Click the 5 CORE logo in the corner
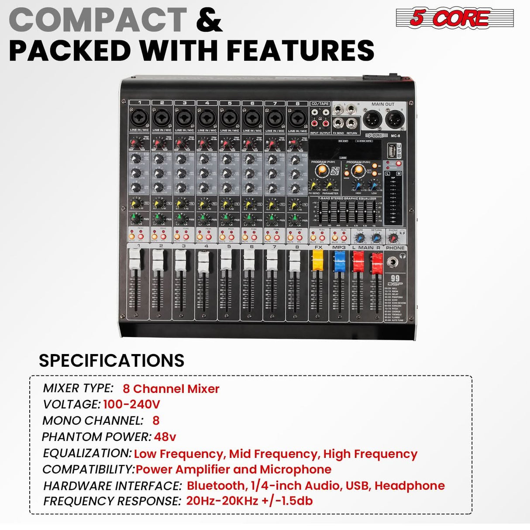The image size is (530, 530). pyautogui.click(x=454, y=18)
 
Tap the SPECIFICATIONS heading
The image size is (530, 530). pyautogui.click(x=111, y=361)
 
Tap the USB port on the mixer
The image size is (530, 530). pyautogui.click(x=392, y=151)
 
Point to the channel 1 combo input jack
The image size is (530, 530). pyautogui.click(x=139, y=117)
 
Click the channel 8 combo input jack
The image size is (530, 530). pyautogui.click(x=297, y=117)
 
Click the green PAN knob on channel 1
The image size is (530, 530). pyautogui.click(x=135, y=218)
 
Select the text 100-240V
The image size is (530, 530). pyautogui.click(x=131, y=404)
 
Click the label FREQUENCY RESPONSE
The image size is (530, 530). pyautogui.click(x=112, y=501)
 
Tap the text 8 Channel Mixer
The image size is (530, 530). pyautogui.click(x=171, y=389)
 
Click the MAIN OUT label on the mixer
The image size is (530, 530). pyautogui.click(x=382, y=104)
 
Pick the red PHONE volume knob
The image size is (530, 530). pyautogui.click(x=393, y=238)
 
